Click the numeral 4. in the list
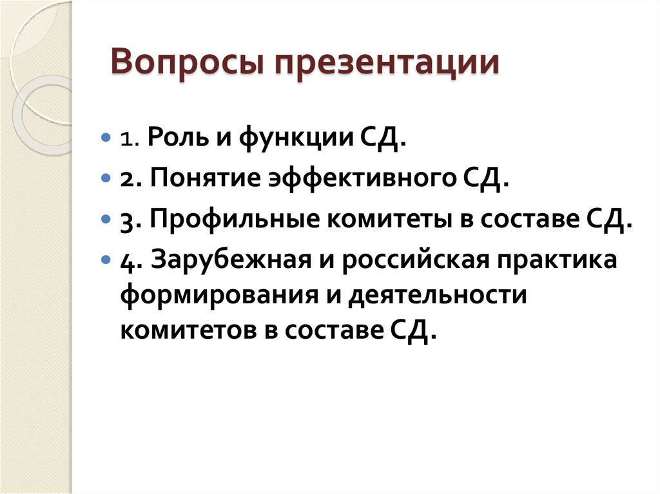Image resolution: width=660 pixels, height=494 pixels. [128, 261]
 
